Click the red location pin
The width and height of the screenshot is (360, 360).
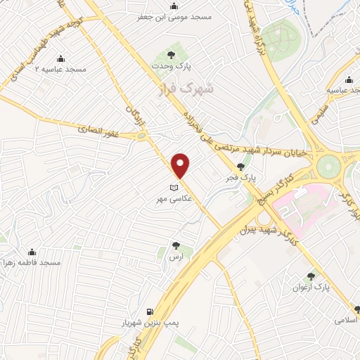click(x=181, y=165)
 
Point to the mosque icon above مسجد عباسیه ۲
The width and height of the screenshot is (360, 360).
click(x=60, y=59)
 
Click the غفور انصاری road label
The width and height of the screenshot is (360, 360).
click(x=106, y=127)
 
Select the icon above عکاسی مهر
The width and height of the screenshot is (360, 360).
click(x=174, y=188)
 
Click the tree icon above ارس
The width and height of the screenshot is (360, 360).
click(x=176, y=246)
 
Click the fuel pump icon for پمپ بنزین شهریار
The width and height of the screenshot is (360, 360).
click(x=148, y=311)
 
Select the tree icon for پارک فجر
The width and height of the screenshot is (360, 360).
click(x=242, y=167)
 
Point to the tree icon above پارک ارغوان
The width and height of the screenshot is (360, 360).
click(x=310, y=277)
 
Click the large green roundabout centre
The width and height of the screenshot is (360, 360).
click(x=328, y=167)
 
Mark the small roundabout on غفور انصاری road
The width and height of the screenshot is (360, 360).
click(x=142, y=134)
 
